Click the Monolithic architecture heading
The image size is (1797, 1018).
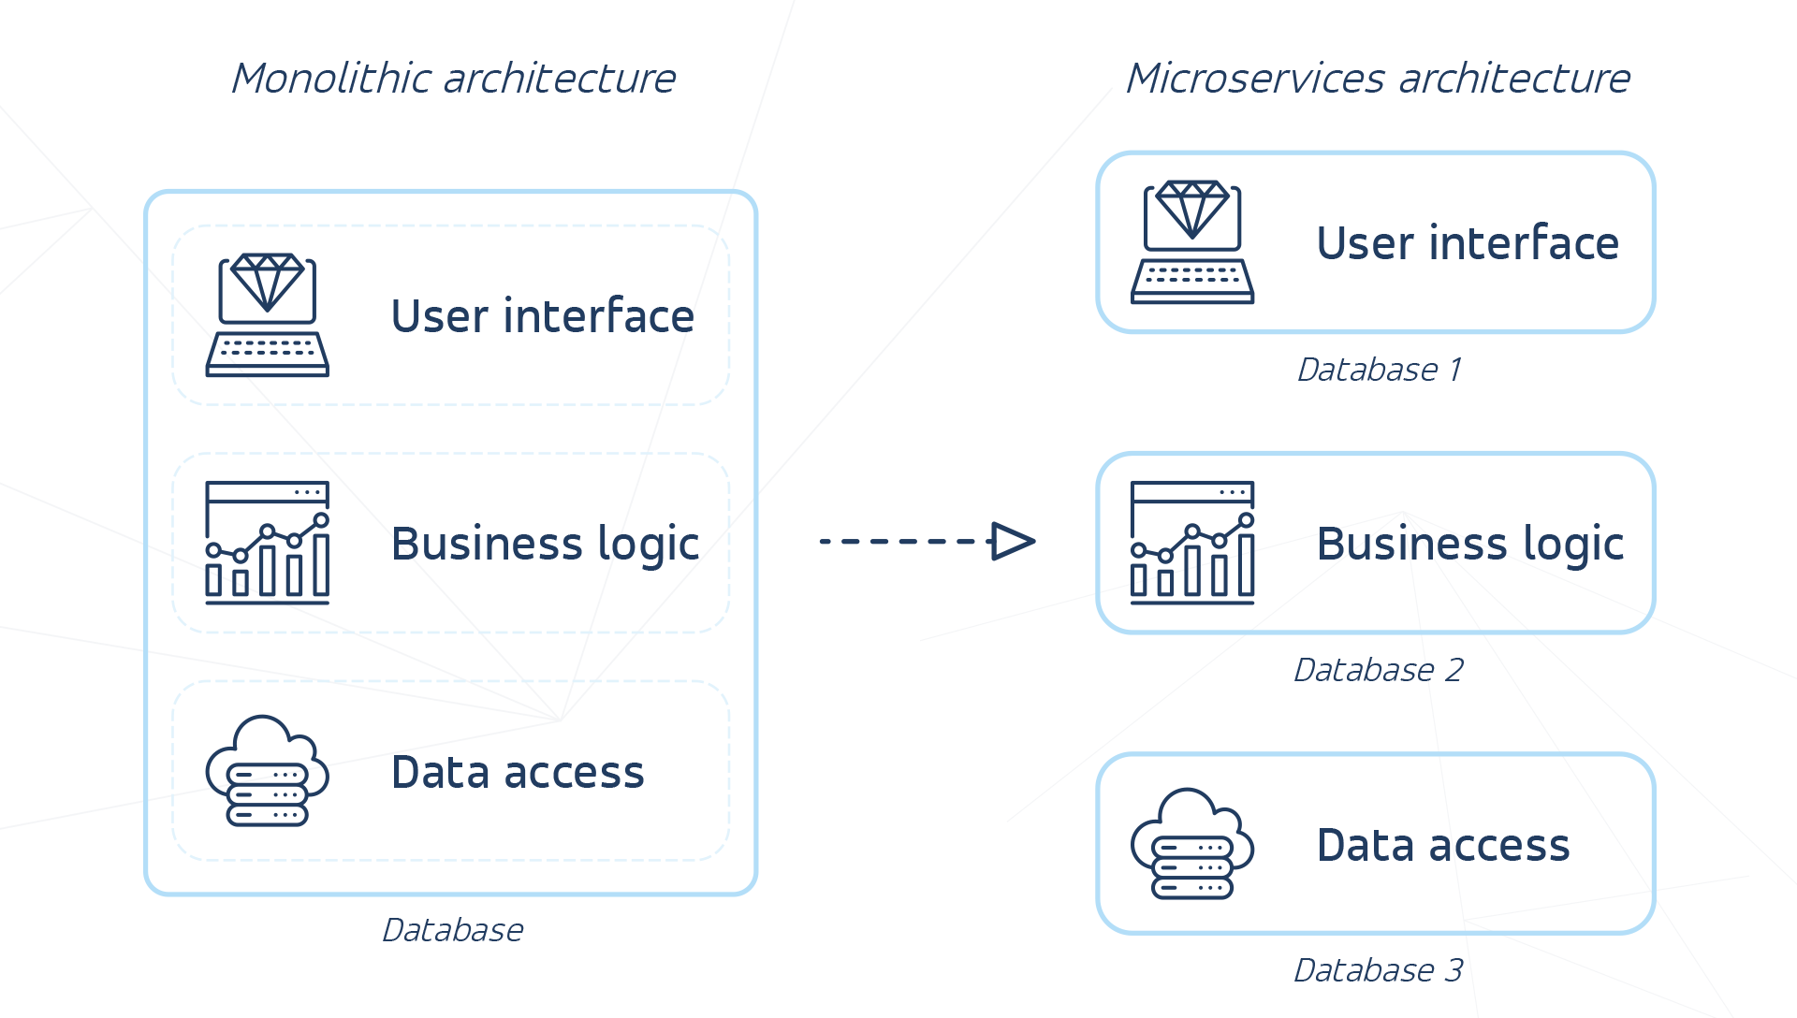pos(453,79)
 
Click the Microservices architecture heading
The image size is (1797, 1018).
pos(1378,79)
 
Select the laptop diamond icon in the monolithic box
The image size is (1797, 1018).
pos(267,314)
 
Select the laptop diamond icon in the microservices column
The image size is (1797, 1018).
pos(1191,241)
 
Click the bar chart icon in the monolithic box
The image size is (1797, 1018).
pos(267,543)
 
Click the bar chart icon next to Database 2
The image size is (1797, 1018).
pos(1191,543)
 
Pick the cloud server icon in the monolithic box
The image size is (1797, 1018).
pos(267,771)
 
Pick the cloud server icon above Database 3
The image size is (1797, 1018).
pos(1191,844)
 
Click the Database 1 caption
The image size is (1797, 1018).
pos(1378,370)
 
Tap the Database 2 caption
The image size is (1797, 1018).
pos(1378,670)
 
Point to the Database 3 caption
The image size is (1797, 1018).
pos(1378,970)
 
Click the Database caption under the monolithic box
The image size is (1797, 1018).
pos(452,930)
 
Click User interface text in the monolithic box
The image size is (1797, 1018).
pos(542,316)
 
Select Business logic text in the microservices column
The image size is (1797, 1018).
pos(1469,544)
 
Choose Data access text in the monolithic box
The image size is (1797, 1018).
pos(518,772)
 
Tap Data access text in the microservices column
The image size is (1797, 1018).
pos(1442,845)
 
